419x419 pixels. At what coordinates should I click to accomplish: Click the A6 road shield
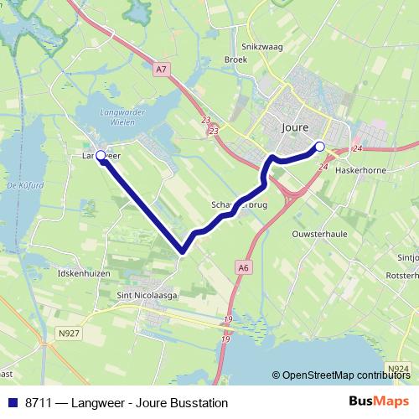point(243,267)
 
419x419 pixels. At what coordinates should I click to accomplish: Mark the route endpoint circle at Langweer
point(101,156)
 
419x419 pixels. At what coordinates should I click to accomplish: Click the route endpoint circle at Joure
point(319,147)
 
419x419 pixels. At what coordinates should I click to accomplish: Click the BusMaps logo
point(378,402)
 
